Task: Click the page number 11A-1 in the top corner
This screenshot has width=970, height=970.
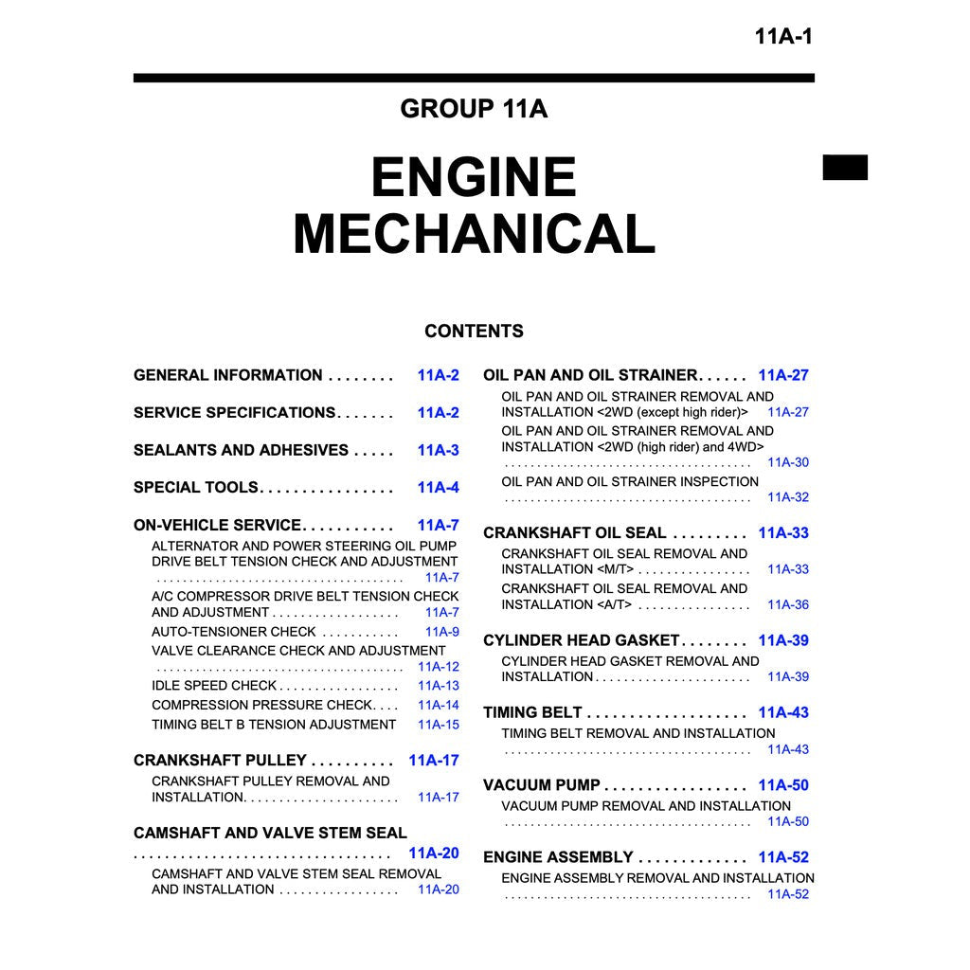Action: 783,38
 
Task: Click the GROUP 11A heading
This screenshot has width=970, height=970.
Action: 474,109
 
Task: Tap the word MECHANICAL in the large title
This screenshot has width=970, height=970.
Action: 474,234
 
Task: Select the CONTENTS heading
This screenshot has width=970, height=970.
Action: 474,332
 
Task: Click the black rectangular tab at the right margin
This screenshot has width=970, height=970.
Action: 844,168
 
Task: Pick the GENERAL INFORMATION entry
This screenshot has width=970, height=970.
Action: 228,375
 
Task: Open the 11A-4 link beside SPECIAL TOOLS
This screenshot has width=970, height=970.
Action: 438,488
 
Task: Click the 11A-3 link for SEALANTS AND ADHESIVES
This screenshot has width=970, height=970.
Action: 438,450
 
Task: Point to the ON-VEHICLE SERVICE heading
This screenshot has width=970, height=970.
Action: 217,525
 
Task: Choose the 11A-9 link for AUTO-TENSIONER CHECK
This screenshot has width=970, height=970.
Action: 441,632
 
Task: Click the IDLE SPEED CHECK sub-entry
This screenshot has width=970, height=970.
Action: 214,686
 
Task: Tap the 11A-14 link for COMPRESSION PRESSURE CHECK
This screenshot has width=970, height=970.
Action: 438,705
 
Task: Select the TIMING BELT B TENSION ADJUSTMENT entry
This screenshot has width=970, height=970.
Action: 274,725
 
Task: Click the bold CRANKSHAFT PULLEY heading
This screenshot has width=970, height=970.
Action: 220,760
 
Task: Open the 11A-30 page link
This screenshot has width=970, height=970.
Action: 788,462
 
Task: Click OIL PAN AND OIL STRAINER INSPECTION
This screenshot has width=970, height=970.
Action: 630,481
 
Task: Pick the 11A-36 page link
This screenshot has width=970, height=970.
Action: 788,604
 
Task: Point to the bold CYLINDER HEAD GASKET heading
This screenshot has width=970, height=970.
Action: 581,640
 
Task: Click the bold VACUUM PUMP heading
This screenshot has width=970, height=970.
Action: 541,785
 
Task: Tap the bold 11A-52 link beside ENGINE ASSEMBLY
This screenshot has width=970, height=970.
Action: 783,857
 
